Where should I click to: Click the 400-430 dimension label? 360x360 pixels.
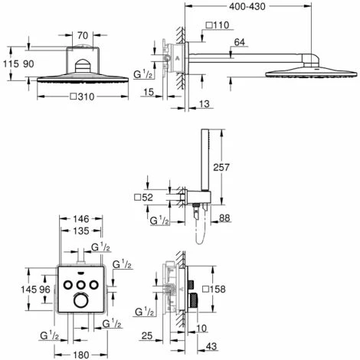(x=247, y=6)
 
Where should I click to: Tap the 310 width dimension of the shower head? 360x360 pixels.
(x=83, y=97)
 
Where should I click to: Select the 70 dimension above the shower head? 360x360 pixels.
(x=83, y=35)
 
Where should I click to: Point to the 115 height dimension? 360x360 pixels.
(x=11, y=64)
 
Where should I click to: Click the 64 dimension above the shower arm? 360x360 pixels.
(x=239, y=42)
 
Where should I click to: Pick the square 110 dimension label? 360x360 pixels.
(x=218, y=25)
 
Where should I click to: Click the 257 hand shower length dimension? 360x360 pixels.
(x=221, y=167)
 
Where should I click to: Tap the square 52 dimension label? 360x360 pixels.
(x=143, y=197)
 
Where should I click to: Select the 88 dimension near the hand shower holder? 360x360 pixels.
(x=224, y=218)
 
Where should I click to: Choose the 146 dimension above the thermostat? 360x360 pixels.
(x=81, y=219)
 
